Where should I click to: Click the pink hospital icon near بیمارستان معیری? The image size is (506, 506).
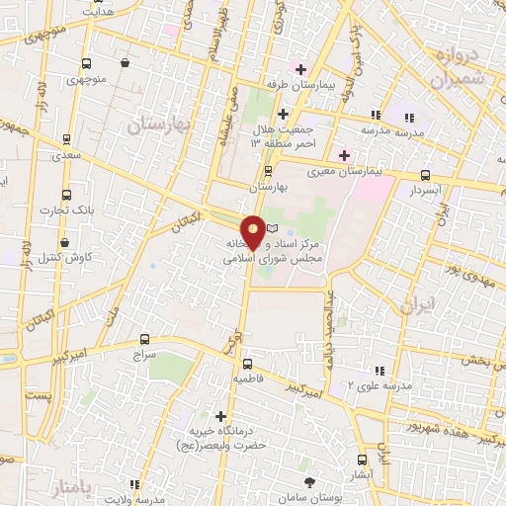[x=344, y=154]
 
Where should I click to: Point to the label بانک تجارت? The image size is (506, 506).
[x=64, y=211]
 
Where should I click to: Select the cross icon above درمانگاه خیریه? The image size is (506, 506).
[x=219, y=416]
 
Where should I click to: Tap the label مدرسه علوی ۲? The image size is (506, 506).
[x=371, y=384]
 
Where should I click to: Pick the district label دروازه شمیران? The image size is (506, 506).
[x=460, y=66]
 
